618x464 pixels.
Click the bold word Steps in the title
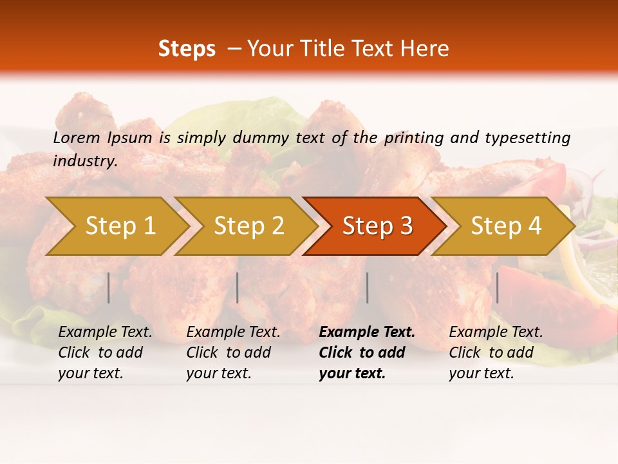(x=187, y=49)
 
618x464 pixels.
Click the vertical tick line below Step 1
(x=109, y=287)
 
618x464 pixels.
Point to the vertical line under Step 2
(x=238, y=287)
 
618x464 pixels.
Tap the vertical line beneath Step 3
(x=368, y=287)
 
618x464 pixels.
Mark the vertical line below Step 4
(x=498, y=287)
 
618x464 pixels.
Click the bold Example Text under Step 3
(x=367, y=333)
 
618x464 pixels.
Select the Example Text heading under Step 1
(x=105, y=333)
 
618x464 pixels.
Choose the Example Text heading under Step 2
(x=233, y=333)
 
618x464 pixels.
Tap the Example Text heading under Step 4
(x=496, y=333)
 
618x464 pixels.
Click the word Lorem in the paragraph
(x=76, y=138)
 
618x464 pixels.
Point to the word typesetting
(x=527, y=138)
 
